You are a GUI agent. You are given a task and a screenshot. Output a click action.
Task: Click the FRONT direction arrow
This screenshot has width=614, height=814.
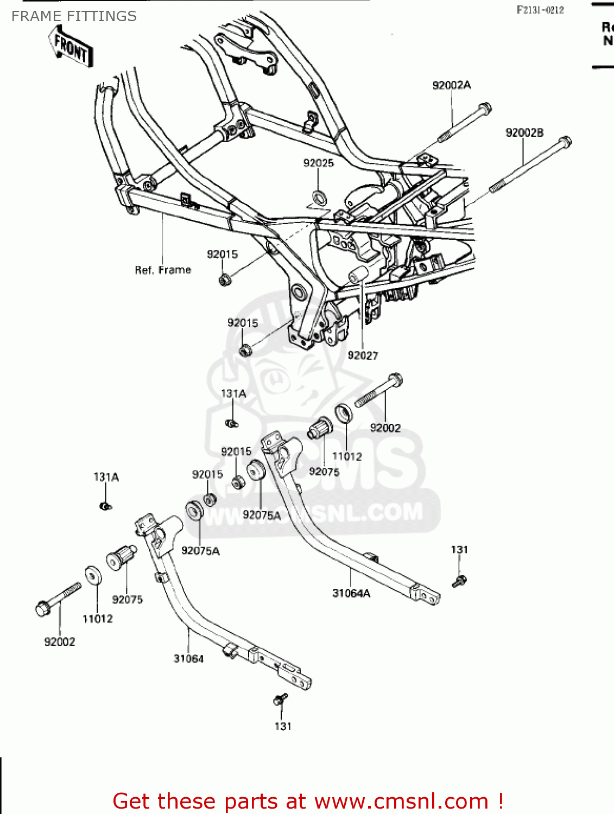pos(71,48)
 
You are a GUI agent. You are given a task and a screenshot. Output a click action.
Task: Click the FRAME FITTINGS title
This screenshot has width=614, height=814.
pos(74,16)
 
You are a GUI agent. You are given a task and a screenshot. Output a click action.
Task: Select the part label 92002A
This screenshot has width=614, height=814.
pos(451,85)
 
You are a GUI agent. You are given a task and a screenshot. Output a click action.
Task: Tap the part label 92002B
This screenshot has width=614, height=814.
pos(524,133)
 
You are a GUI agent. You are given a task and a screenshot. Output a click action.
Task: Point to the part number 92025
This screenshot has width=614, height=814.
pos(318,163)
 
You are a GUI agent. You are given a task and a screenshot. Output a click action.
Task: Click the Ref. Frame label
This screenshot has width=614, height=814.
pos(163,270)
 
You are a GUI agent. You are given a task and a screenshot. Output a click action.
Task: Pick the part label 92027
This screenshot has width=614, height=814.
pos(363,355)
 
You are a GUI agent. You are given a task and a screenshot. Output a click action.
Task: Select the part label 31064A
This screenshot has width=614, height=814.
pos(351,593)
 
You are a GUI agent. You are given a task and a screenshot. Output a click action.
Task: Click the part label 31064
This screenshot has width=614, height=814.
pos(188,659)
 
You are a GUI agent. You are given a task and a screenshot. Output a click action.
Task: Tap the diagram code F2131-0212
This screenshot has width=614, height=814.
pos(540,10)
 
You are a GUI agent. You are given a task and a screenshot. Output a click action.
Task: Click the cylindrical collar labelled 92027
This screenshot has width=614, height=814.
pos(358,276)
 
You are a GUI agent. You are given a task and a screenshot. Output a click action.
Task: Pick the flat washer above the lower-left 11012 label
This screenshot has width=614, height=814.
pos(93,576)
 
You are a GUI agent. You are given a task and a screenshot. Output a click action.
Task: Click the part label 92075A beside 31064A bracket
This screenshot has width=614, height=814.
pos(261,515)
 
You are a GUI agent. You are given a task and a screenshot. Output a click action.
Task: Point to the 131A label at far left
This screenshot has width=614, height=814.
pos(106,478)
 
